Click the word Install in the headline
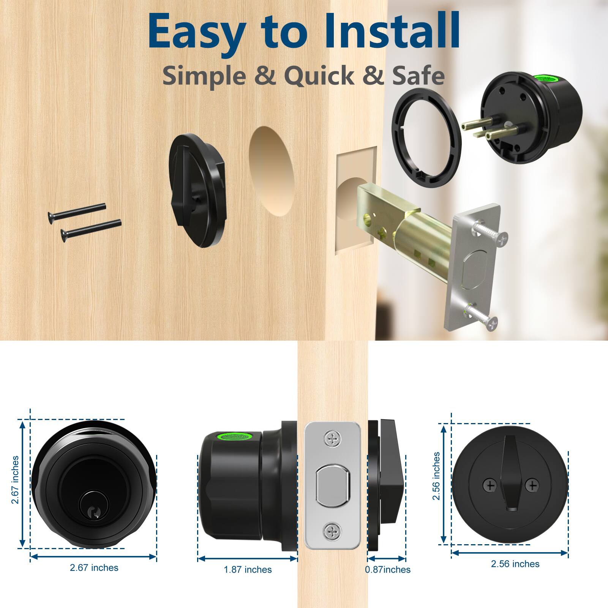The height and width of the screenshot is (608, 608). click(x=392, y=32)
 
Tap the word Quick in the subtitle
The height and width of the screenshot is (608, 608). click(x=319, y=76)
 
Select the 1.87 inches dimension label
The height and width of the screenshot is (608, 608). click(x=248, y=570)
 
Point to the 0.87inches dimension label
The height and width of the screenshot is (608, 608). click(x=388, y=570)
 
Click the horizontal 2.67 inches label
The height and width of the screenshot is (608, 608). click(x=94, y=568)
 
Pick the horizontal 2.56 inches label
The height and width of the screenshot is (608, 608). click(x=515, y=564)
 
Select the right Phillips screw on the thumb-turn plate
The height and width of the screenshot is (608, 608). click(x=533, y=485)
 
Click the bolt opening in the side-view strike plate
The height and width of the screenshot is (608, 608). click(x=332, y=485)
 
